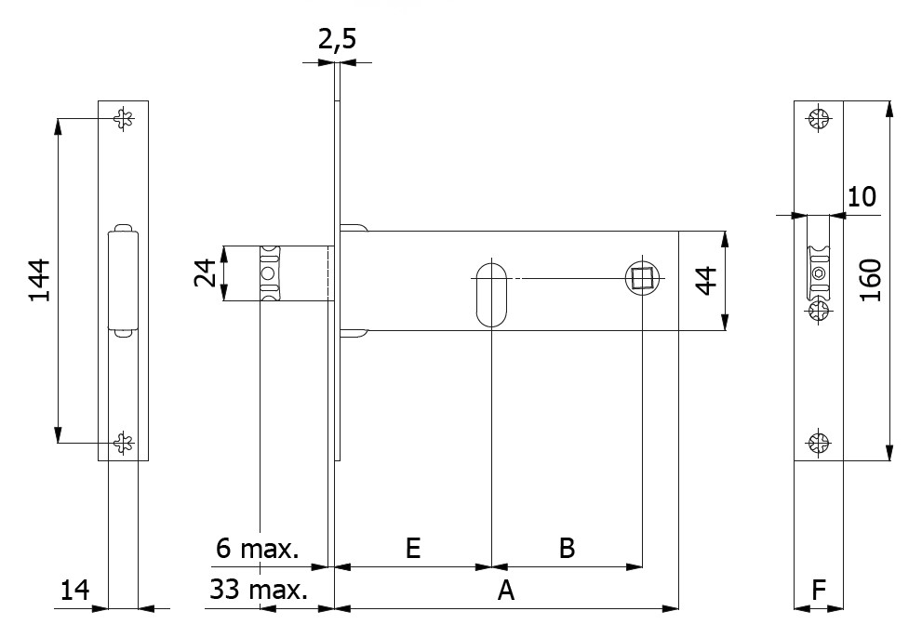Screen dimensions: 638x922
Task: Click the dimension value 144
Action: (38, 280)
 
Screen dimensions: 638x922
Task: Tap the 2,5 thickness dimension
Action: (336, 40)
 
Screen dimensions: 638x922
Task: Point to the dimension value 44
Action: (707, 280)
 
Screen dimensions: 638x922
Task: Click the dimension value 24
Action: (207, 273)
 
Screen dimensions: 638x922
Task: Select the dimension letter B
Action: (566, 548)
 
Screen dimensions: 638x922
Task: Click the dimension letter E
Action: (413, 548)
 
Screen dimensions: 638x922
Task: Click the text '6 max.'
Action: (258, 549)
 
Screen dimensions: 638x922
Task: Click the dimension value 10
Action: (862, 196)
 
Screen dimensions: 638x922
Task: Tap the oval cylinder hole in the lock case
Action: (491, 294)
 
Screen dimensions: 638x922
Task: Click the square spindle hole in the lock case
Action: (642, 277)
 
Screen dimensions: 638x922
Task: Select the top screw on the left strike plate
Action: (124, 118)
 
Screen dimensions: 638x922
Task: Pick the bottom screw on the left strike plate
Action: (124, 443)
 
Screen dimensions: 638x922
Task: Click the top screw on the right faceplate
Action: (819, 119)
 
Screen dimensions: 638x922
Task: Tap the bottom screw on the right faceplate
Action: (819, 443)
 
